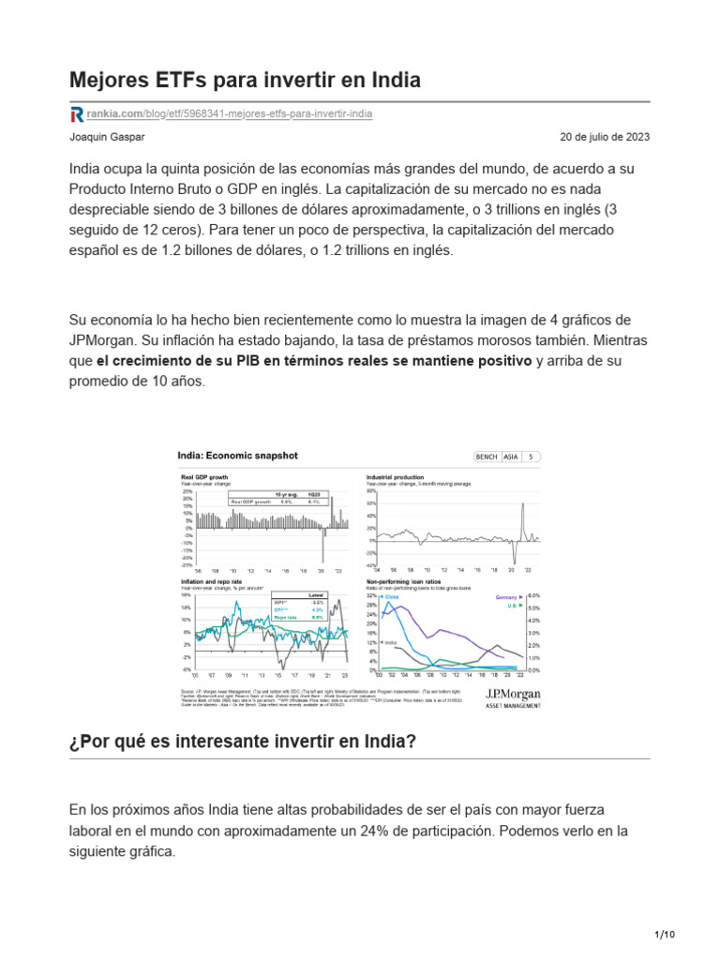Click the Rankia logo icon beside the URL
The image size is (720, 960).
pyautogui.click(x=77, y=114)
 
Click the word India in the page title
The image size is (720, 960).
pyautogui.click(x=394, y=81)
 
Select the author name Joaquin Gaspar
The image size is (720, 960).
pyautogui.click(x=107, y=137)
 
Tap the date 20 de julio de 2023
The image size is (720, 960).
pyautogui.click(x=605, y=137)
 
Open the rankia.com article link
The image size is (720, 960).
pyautogui.click(x=230, y=114)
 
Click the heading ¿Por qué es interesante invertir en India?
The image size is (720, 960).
pyautogui.click(x=243, y=742)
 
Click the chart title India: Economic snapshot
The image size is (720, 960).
pyautogui.click(x=238, y=456)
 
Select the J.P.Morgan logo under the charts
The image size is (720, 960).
pyautogui.click(x=513, y=694)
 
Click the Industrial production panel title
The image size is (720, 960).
pyautogui.click(x=395, y=477)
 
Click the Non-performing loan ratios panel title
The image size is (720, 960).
pyautogui.click(x=407, y=581)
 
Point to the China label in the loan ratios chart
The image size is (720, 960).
pyautogui.click(x=392, y=596)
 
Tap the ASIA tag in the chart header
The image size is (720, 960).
pyautogui.click(x=511, y=457)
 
